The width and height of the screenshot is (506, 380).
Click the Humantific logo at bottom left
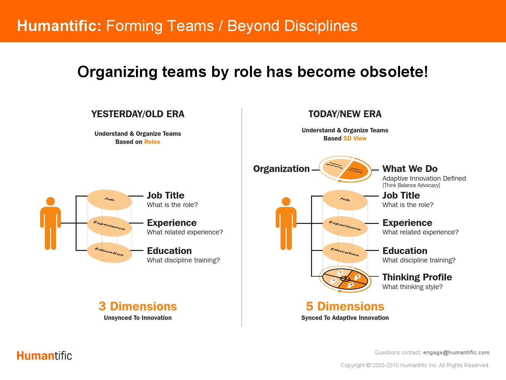[44, 356]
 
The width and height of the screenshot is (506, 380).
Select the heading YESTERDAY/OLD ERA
[138, 114]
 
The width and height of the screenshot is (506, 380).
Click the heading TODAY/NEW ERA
[345, 114]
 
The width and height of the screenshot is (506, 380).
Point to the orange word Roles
[152, 142]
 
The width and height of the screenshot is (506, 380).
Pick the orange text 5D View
[355, 138]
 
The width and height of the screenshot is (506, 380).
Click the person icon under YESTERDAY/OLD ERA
[51, 223]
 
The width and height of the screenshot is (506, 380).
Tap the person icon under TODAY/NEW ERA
[286, 223]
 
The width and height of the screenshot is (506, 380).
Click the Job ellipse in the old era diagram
[109, 200]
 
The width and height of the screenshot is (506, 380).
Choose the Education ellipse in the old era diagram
[109, 252]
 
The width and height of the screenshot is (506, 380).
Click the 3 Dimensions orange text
[138, 306]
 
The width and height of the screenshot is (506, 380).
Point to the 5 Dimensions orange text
[345, 306]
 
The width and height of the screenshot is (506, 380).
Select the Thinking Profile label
[417, 277]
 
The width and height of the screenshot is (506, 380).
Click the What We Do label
[410, 169]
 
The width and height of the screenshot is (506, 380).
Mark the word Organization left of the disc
[281, 169]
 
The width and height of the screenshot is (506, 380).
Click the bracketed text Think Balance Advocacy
[411, 185]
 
